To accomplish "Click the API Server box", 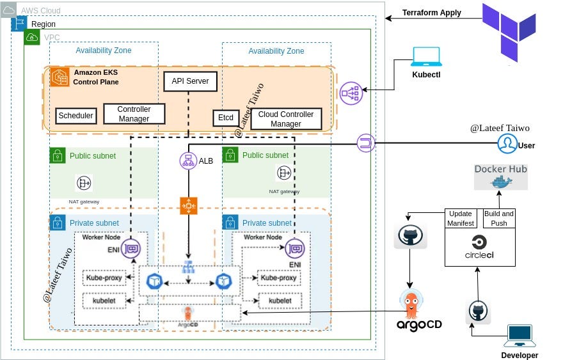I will pyautogui.click(x=190, y=82).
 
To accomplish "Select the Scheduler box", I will pyautogui.click(x=75, y=116).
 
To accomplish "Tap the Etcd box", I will pyautogui.click(x=225, y=118).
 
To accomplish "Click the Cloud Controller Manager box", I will pyautogui.click(x=285, y=119).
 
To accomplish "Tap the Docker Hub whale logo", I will pyautogui.click(x=500, y=180).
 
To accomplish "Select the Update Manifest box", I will pyautogui.click(x=461, y=218).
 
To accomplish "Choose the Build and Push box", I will pyautogui.click(x=499, y=218).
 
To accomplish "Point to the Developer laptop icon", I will pyautogui.click(x=519, y=336).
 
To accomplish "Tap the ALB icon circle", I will pyautogui.click(x=189, y=160).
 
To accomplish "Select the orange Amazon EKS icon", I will pyautogui.click(x=60, y=77).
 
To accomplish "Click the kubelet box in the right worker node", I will pyautogui.click(x=280, y=301).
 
